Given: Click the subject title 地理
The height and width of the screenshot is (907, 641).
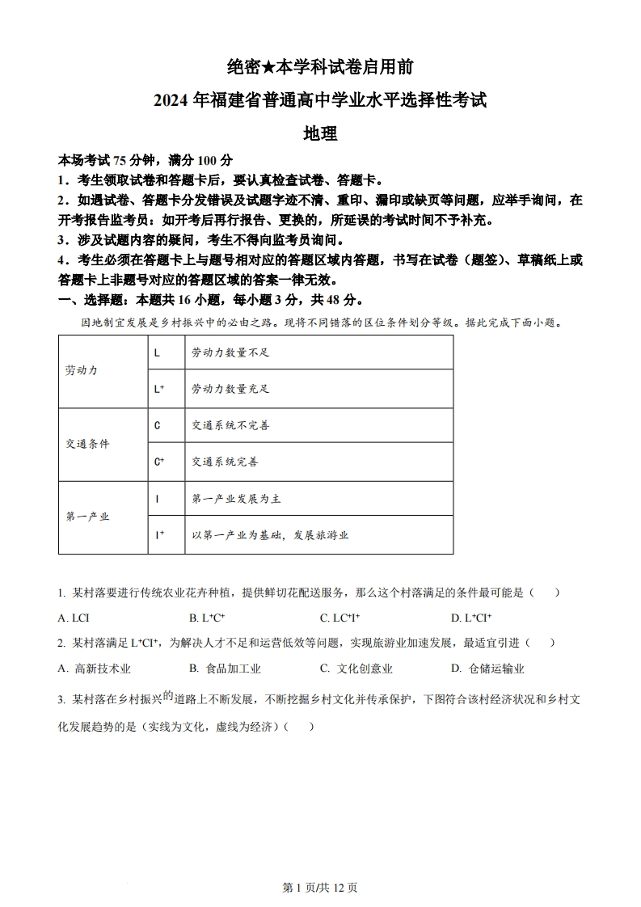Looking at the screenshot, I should click(x=320, y=134).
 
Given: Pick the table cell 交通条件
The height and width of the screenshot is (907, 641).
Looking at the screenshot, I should click(x=87, y=444).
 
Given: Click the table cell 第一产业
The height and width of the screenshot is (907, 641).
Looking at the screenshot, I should click(x=87, y=517).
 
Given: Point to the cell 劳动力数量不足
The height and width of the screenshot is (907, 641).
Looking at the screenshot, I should click(x=230, y=352).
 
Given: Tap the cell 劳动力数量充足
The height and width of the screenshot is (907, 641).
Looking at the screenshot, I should click(x=230, y=389).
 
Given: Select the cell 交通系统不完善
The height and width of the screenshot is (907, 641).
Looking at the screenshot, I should click(x=230, y=425).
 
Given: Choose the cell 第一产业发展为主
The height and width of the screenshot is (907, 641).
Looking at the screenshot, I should click(x=235, y=499).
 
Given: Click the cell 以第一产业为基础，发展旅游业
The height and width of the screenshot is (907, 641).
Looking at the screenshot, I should click(x=270, y=535).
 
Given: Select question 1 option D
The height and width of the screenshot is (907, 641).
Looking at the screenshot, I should click(x=471, y=618).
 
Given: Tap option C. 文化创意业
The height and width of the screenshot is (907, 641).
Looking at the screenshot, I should click(x=356, y=669).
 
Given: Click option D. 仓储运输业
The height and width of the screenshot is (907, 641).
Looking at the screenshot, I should click(x=487, y=669).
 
